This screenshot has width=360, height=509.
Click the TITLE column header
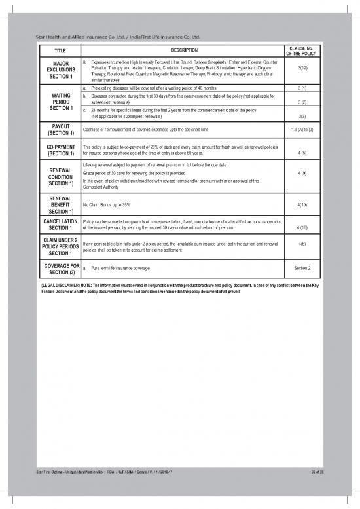tap(60, 50)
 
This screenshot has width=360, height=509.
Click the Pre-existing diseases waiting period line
tap(150, 88)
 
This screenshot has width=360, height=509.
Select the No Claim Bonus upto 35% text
tap(107, 205)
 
